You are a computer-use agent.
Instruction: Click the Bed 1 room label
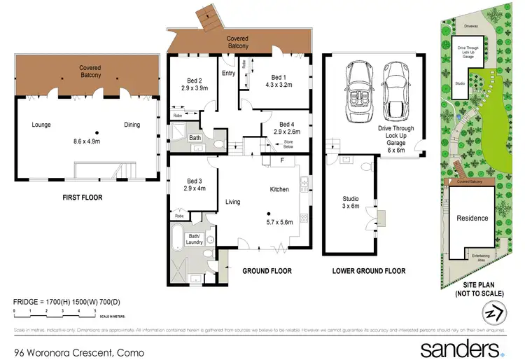coord(279,78)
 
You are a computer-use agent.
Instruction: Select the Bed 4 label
coord(284,123)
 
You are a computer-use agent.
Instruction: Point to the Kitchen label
coord(280,189)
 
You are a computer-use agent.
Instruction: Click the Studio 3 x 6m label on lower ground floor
coord(350,202)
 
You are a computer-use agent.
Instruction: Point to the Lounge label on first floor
coord(41,125)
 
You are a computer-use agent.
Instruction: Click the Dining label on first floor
coord(132,125)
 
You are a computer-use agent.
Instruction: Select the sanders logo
coord(461,349)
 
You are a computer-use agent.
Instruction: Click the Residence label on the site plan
coord(472,218)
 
